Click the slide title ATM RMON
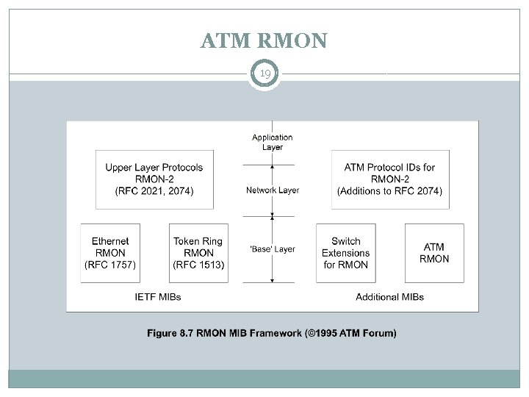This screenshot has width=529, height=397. [264, 40]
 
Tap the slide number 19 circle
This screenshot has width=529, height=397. [264, 74]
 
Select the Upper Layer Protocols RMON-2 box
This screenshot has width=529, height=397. [154, 179]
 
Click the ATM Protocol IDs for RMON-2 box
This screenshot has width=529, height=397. [389, 179]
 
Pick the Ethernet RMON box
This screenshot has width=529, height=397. [110, 253]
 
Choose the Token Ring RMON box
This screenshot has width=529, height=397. [198, 253]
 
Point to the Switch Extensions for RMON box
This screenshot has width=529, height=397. [345, 253]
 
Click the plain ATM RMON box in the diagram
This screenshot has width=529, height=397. [434, 253]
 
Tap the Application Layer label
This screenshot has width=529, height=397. [272, 142]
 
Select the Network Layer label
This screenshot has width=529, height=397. [272, 190]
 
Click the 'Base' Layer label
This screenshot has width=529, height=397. [272, 249]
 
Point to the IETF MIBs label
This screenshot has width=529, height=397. [158, 297]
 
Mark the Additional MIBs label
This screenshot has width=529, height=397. [389, 297]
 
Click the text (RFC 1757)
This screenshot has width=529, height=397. [110, 265]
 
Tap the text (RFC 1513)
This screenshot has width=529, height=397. [198, 265]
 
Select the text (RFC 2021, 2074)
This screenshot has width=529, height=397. [154, 191]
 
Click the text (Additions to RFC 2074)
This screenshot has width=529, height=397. [389, 191]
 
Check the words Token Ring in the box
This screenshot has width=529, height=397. [198, 241]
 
